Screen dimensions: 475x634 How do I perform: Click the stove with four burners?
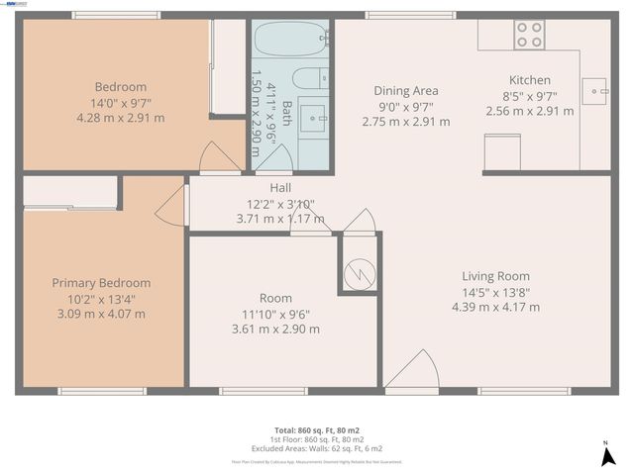(x=529, y=35)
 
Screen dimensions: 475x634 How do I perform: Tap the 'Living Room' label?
(x=495, y=276)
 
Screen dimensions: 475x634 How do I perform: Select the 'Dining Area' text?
(x=405, y=91)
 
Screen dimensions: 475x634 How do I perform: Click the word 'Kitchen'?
(x=530, y=80)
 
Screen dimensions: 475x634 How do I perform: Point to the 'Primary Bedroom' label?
(x=101, y=283)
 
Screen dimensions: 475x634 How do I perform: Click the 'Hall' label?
(x=280, y=187)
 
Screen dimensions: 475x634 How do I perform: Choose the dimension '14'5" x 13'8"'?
(x=495, y=292)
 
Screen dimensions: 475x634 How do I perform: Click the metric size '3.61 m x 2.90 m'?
(x=275, y=329)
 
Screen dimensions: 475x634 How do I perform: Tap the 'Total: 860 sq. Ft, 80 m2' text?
(x=318, y=430)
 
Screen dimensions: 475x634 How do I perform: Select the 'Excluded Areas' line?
(x=318, y=447)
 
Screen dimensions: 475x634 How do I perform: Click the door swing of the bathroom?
(x=273, y=158)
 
